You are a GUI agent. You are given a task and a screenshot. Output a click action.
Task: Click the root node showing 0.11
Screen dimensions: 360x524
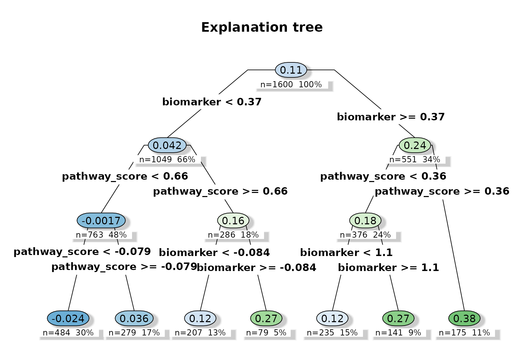tap(291, 70)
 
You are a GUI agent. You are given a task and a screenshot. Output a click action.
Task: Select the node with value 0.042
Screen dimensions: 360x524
tap(167, 146)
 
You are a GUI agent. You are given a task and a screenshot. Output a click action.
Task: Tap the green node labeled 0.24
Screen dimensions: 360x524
tap(415, 146)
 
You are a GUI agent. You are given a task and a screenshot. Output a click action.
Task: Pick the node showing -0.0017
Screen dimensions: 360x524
tap(101, 221)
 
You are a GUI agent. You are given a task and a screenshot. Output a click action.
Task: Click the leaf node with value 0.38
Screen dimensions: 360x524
tap(464, 319)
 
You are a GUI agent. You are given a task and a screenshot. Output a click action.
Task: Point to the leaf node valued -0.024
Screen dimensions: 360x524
tap(68, 319)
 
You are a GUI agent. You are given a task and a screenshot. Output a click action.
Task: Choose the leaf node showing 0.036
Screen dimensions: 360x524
tap(134, 319)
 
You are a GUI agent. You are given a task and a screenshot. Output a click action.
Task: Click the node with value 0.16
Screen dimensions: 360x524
tap(233, 221)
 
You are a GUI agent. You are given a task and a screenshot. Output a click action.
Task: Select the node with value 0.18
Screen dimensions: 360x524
tap(365, 221)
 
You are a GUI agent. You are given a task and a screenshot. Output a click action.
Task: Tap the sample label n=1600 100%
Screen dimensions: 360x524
tap(291, 85)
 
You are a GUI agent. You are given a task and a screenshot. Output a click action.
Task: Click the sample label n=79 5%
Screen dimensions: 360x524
tap(266, 333)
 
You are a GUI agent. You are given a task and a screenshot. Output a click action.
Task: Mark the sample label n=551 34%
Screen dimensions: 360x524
tap(415, 160)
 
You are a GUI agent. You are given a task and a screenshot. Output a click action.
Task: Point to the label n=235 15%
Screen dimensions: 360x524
tap(332, 333)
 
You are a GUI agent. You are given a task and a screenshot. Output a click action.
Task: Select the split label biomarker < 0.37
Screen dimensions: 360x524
tap(212, 102)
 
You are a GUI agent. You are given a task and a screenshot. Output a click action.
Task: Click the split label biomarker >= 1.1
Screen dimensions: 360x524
tap(389, 268)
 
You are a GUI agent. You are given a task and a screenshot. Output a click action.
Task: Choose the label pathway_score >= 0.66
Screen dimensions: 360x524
tap(220, 191)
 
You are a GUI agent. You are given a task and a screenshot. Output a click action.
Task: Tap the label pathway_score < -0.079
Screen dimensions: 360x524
tap(82, 252)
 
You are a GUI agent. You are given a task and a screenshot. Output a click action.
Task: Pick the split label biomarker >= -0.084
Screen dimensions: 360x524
tap(257, 268)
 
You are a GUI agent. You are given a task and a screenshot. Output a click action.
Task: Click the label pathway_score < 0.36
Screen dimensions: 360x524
tap(383, 176)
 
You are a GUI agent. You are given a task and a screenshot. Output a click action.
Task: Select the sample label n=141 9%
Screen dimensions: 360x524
tap(398, 333)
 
